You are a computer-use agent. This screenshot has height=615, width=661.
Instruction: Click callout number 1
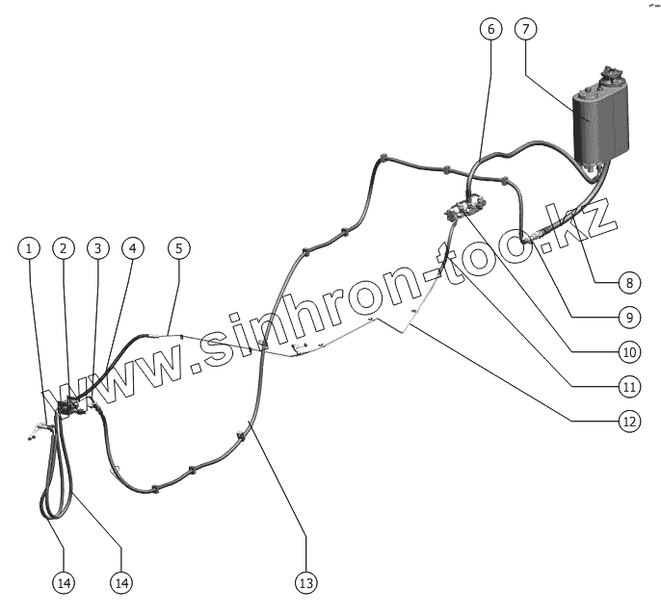(x=30, y=248)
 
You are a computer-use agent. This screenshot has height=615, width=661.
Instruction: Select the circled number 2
(x=64, y=248)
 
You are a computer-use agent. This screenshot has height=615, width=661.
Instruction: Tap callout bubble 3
(x=97, y=248)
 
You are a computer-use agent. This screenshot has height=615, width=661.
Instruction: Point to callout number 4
(x=133, y=248)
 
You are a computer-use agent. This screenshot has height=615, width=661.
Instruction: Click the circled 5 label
(x=178, y=248)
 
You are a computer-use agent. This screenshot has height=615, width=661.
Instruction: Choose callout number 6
(x=490, y=29)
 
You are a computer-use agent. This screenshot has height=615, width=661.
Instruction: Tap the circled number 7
(x=525, y=29)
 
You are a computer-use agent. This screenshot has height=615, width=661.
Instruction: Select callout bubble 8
(x=628, y=283)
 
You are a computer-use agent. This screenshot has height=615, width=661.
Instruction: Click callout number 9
(x=628, y=317)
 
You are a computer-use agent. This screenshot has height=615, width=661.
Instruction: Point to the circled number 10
(x=628, y=351)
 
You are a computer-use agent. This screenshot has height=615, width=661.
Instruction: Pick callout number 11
(x=628, y=386)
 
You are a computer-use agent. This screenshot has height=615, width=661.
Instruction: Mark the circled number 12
(x=628, y=420)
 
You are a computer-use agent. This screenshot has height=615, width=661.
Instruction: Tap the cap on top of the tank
(x=610, y=75)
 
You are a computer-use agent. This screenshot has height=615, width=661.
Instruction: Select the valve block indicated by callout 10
(x=466, y=207)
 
